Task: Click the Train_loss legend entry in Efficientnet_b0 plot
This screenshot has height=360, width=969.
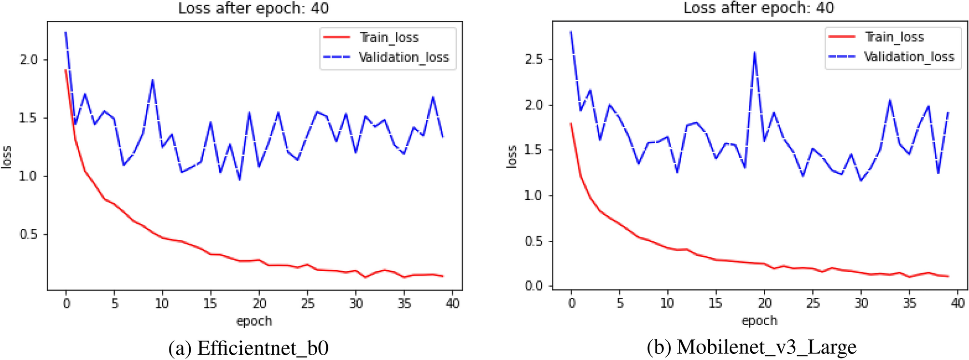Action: coord(389,38)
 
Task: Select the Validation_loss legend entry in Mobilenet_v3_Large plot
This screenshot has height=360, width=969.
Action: coord(909,57)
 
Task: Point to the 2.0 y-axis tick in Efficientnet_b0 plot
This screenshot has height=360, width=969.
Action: coord(28,60)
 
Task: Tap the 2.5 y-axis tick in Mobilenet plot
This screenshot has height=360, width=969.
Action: coord(534,59)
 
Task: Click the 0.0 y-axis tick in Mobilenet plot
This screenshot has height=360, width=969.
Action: coord(534,286)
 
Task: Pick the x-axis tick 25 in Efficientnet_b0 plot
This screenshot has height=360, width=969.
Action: coord(308,304)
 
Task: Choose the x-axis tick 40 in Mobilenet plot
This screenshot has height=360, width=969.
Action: coord(957,303)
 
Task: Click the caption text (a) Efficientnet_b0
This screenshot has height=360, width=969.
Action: coord(249,348)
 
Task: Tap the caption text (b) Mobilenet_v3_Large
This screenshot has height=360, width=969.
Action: coord(752,347)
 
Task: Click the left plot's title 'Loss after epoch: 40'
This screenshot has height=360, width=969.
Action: coord(253,8)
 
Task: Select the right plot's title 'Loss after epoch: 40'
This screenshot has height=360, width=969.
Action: coord(758,8)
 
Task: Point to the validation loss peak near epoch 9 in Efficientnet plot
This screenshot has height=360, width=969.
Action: coord(153,80)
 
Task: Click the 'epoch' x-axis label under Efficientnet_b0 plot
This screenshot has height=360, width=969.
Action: coord(254,321)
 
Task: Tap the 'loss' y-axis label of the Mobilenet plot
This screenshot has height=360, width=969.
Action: coord(512,156)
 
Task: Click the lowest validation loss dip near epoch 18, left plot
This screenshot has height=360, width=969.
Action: coord(239,180)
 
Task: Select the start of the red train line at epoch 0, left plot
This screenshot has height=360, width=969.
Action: coord(66,70)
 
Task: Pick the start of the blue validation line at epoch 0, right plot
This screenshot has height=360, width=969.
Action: coord(571,32)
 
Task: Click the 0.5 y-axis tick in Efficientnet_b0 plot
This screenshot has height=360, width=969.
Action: coord(28,235)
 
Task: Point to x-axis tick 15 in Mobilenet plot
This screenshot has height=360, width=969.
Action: coord(716,303)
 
